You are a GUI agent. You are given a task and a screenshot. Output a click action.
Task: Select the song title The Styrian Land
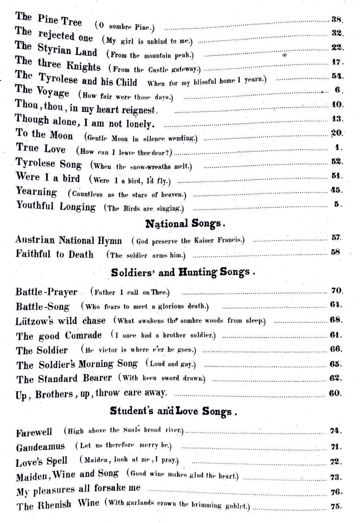(x=56, y=49)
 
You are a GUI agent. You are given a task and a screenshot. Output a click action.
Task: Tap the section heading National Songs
(x=185, y=224)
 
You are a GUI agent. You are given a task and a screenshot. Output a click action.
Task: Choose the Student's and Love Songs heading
(x=173, y=411)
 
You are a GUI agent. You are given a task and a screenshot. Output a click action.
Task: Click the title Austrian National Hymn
(x=69, y=240)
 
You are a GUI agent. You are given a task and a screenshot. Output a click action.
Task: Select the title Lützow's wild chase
(x=60, y=321)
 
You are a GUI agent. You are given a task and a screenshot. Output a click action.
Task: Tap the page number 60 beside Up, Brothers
(x=335, y=393)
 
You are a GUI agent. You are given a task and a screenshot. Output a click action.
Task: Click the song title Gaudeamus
(x=40, y=447)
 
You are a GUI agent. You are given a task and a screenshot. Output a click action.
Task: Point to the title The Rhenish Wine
(x=58, y=505)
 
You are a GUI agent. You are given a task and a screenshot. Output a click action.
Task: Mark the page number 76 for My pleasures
(x=335, y=491)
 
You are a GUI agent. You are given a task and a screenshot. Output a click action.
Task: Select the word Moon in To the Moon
(x=61, y=135)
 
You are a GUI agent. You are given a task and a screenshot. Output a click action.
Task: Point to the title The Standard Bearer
(x=64, y=379)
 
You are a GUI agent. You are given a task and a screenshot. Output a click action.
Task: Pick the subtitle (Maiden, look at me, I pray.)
(x=129, y=460)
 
